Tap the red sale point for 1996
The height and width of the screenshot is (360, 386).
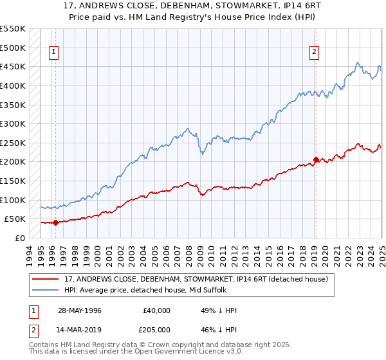click(x=55, y=223)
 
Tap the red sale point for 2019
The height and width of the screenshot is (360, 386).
click(x=316, y=159)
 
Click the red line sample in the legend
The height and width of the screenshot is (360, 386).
click(x=46, y=279)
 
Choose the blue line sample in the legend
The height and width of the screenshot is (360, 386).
click(x=46, y=291)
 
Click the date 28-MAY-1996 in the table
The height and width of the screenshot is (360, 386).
click(x=79, y=310)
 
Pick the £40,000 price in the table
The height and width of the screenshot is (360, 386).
click(x=156, y=310)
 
